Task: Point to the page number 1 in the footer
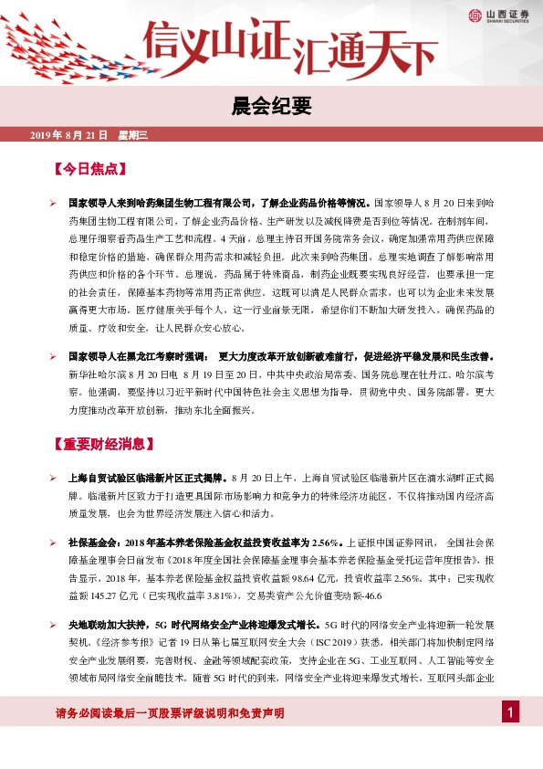pyautogui.click(x=512, y=712)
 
